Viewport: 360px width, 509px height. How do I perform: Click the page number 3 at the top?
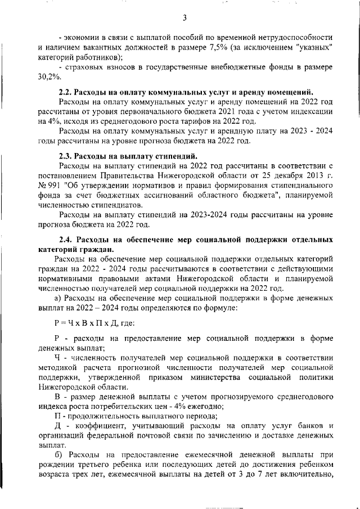[184, 18]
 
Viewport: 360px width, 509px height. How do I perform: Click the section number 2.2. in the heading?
[66, 92]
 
